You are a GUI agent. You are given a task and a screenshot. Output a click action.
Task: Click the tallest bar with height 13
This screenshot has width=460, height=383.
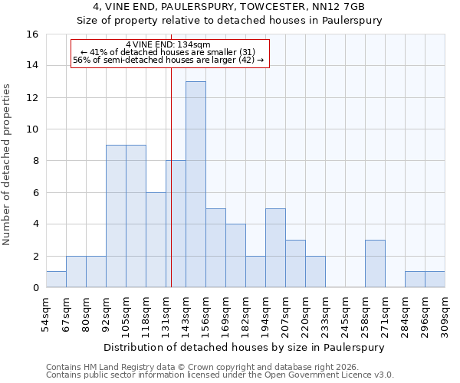tap(195, 185)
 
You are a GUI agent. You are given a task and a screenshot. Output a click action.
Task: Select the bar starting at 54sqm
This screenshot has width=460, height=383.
tap(56, 280)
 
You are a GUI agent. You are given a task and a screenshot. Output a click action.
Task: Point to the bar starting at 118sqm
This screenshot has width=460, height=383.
tap(156, 240)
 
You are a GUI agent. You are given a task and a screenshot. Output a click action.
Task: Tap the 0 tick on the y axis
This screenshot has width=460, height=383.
tap(35, 288)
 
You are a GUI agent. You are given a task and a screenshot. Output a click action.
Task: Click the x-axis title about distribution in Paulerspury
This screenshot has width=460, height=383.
tap(245, 347)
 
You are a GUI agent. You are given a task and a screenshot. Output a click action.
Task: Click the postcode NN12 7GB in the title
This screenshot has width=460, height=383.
tap(338, 7)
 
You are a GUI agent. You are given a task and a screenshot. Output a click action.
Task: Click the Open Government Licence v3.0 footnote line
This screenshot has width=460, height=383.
tap(220, 375)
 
